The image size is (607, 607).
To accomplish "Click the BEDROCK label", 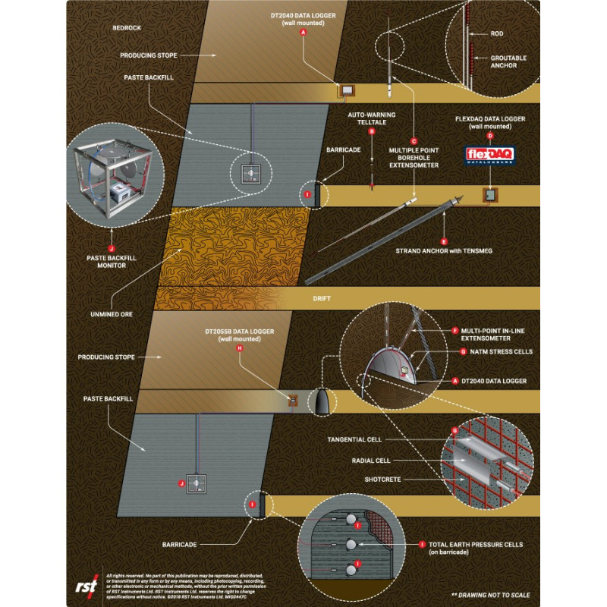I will click(127, 27).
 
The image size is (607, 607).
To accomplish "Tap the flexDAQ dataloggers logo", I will click(490, 155).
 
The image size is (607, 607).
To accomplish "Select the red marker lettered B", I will click(372, 131).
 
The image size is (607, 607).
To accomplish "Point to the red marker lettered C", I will click(414, 140).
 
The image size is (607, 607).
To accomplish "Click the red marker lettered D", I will click(490, 135).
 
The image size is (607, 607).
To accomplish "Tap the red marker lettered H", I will click(240, 348).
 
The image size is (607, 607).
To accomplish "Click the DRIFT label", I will click(322, 299).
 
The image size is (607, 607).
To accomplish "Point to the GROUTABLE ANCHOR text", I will click(508, 62).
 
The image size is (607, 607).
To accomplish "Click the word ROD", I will click(497, 33).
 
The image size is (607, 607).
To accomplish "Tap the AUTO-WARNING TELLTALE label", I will click(372, 118).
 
